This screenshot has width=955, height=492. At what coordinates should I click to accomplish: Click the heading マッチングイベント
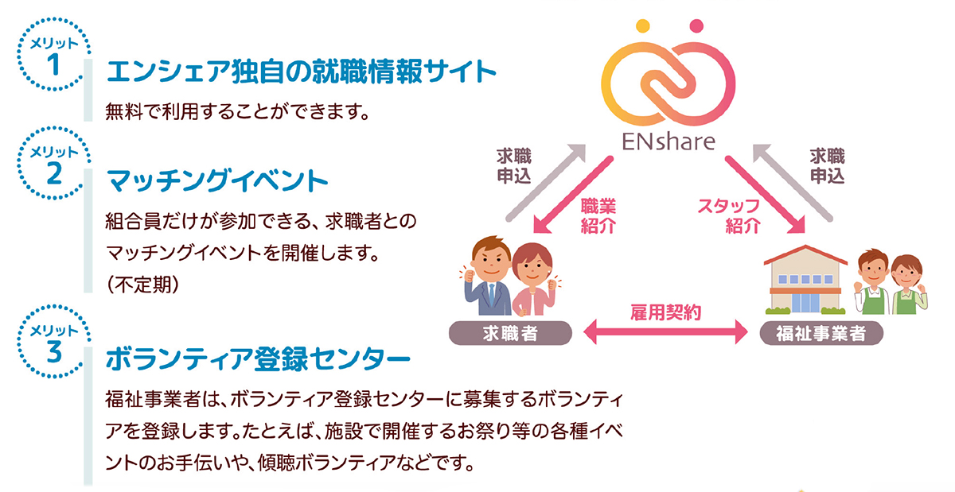coord(217,181)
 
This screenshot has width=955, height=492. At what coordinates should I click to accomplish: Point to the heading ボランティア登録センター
coord(258,359)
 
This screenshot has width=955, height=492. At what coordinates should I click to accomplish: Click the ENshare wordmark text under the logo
coord(668,141)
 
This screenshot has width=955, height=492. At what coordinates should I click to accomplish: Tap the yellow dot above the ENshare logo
coord(642,26)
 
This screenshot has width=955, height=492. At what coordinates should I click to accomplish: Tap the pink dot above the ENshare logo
coord(696,26)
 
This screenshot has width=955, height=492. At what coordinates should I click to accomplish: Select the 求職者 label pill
coord(510,333)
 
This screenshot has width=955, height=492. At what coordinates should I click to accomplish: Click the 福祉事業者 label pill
coord(821,333)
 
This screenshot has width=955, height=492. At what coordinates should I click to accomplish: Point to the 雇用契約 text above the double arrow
coord(665,312)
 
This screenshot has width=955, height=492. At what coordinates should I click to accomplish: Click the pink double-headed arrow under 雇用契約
coord(665,331)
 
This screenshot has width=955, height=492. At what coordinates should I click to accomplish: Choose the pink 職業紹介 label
coord(598,216)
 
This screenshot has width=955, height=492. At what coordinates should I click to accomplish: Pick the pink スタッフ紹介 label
coord(730,216)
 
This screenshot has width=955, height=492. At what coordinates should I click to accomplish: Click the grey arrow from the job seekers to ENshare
coord(547,182)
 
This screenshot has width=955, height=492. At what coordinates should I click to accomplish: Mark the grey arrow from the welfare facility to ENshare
coord(792,182)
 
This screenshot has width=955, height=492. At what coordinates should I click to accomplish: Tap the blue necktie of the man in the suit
coord(492,295)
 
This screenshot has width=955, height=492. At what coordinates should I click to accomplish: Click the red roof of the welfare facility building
coord(805,254)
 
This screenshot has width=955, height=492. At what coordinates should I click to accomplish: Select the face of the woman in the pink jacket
coord(532,269)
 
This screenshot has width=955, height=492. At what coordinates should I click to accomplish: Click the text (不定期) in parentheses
coord(142,285)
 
